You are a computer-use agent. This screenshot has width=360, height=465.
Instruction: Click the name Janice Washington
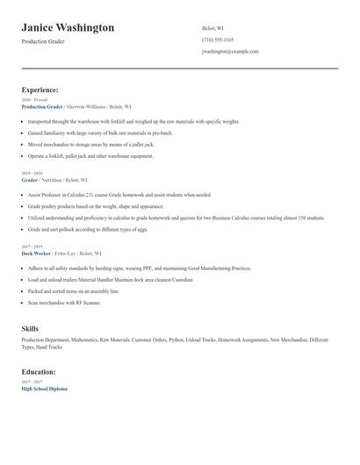[x=68, y=27]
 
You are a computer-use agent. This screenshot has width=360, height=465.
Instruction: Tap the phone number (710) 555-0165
[x=218, y=39]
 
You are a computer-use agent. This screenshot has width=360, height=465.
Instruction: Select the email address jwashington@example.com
[x=230, y=52]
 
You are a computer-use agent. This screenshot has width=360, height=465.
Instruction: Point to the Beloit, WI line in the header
[x=214, y=27]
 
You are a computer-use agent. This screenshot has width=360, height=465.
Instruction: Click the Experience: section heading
[x=40, y=89]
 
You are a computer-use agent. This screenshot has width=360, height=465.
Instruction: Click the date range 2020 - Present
[x=32, y=100]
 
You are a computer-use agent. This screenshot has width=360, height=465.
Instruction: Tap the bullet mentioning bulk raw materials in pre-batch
[x=100, y=132]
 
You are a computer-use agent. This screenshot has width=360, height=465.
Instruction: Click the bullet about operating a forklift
[x=90, y=155]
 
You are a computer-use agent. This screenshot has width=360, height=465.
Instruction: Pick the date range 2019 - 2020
[x=31, y=173]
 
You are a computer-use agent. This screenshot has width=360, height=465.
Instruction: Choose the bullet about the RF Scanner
[x=64, y=303]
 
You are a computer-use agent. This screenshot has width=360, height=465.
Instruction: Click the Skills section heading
[x=30, y=327]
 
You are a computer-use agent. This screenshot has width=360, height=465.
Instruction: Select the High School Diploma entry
[x=44, y=388]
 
